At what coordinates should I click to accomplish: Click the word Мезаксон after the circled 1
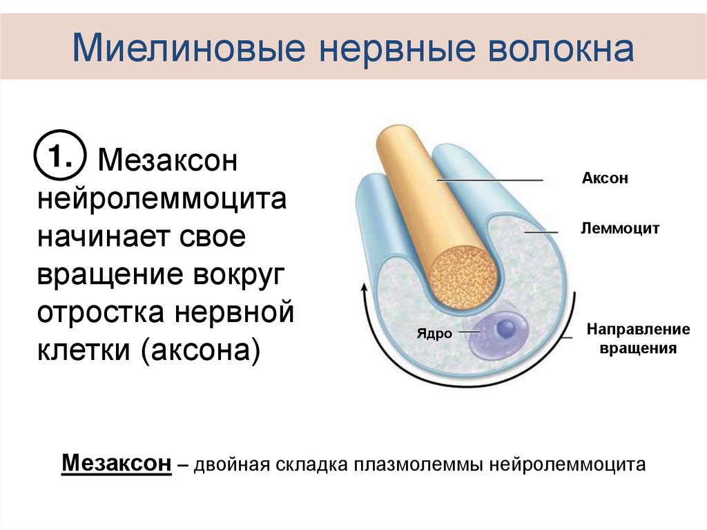(x=168, y=162)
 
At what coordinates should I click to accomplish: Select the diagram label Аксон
(x=605, y=179)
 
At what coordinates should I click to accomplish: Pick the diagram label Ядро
(x=434, y=334)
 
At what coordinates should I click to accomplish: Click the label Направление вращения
(x=628, y=339)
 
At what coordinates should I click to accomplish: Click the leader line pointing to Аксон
(x=490, y=180)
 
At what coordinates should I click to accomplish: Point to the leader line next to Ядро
(x=469, y=332)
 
